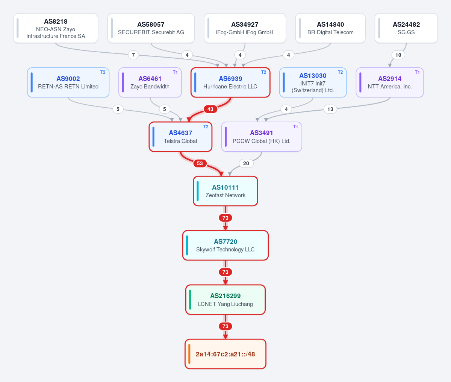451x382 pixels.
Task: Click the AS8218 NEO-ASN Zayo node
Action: point(56,28)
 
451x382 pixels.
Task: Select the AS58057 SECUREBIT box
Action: point(151,28)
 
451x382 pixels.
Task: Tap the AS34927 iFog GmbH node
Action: point(245,28)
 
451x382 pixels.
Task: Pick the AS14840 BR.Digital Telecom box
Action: point(330,28)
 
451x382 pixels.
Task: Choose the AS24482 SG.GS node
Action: point(406,28)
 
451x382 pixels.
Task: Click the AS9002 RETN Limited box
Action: point(68,82)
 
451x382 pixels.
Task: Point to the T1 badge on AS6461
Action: point(175,72)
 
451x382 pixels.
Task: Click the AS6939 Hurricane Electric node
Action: point(230,82)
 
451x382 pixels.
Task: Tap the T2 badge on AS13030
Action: point(340,72)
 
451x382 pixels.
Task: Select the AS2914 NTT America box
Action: point(390,82)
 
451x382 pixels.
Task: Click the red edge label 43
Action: point(210,109)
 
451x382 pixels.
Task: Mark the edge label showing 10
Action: point(398,55)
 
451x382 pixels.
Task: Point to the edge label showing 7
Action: point(133,55)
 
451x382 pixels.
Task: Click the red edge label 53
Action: point(200,163)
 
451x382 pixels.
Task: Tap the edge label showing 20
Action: point(246,163)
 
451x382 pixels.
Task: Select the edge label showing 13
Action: point(330,109)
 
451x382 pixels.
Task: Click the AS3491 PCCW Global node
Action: point(262,137)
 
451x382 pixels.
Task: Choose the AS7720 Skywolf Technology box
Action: point(225,245)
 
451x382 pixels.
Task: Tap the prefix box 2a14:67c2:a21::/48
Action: point(225,354)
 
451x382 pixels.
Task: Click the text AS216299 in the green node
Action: point(225,296)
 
